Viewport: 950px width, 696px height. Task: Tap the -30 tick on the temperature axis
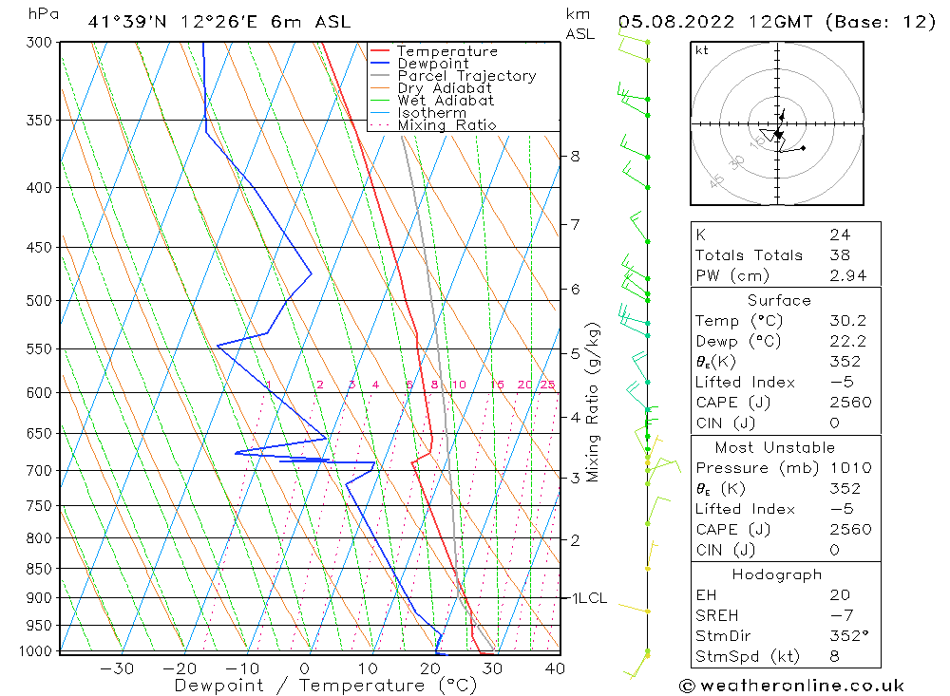(117, 668)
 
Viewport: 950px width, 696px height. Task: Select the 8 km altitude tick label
(576, 156)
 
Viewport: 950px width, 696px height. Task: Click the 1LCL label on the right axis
(588, 598)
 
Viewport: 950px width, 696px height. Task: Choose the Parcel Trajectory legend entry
(465, 76)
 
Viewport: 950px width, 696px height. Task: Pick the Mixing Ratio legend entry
(446, 125)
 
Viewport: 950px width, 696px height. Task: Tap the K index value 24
(839, 235)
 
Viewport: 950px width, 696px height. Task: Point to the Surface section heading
(779, 301)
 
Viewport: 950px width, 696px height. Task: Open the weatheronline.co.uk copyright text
(791, 686)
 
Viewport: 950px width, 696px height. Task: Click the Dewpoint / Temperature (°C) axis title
(325, 685)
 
